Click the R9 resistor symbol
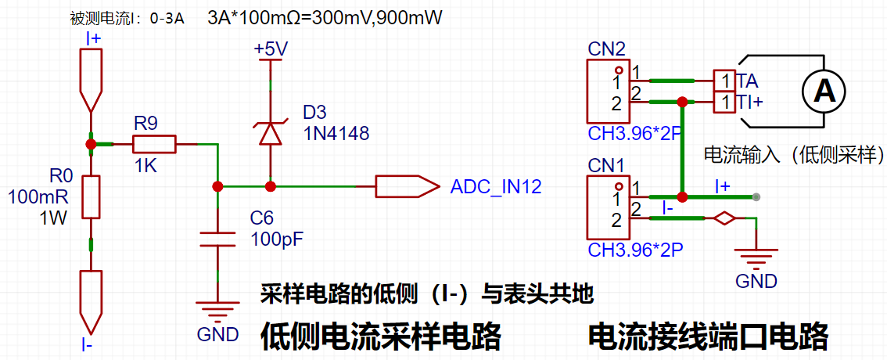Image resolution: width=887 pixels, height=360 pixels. click(x=154, y=144)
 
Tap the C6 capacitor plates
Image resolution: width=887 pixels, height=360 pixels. click(x=216, y=238)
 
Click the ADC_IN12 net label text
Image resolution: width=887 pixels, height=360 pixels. click(x=496, y=187)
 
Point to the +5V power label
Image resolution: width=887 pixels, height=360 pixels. click(x=271, y=49)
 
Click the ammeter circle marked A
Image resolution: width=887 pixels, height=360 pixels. click(x=824, y=92)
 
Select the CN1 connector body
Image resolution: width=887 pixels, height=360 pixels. click(x=607, y=207)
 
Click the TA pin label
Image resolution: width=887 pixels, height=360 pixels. click(x=747, y=81)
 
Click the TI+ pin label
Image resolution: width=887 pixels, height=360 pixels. click(x=749, y=102)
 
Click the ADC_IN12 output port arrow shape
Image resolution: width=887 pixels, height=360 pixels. click(x=406, y=186)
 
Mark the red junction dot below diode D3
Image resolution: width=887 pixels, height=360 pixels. click(x=271, y=186)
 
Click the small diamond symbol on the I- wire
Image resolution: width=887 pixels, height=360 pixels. click(x=724, y=219)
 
